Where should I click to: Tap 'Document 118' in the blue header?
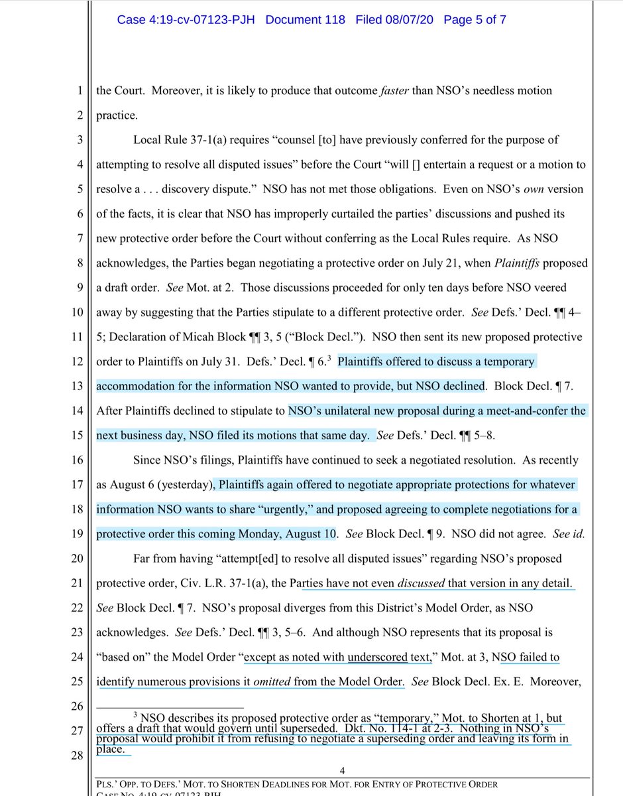pyautogui.click(x=305, y=20)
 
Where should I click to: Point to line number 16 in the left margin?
pyautogui.click(x=78, y=460)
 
